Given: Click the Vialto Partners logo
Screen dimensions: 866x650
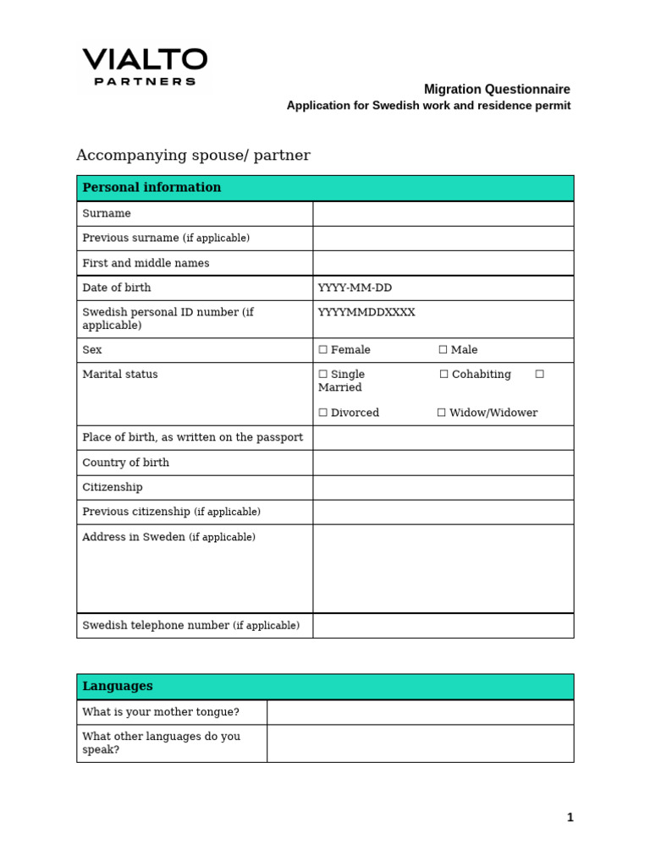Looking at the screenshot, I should click(144, 68).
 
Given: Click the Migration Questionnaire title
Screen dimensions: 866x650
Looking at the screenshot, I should click(497, 89).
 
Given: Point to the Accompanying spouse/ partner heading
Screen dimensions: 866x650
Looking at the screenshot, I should click(193, 156).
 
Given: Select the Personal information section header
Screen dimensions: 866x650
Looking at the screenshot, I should click(151, 188).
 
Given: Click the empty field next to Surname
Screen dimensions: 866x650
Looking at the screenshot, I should click(443, 214).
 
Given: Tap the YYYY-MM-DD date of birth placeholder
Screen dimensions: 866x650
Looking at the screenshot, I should click(355, 288).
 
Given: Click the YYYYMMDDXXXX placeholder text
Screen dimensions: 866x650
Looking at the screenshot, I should click(366, 313).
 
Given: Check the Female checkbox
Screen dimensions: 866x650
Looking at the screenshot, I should click(322, 350).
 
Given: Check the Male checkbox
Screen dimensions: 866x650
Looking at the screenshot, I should click(443, 350).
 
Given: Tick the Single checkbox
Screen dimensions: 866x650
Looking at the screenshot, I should click(322, 375).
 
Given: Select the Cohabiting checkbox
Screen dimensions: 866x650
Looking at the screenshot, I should click(443, 375).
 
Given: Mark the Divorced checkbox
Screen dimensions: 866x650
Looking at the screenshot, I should click(322, 414).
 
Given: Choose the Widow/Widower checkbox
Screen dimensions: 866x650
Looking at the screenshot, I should click(442, 414).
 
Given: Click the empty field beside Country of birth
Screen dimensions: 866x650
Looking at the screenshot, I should click(443, 463).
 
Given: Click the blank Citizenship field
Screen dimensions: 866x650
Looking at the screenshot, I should click(443, 487).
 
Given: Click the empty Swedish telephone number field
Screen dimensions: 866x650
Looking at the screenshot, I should click(443, 626).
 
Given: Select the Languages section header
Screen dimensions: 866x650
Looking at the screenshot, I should click(118, 687).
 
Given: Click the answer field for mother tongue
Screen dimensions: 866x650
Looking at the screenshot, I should click(420, 712).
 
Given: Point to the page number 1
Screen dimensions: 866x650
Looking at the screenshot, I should click(570, 817).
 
